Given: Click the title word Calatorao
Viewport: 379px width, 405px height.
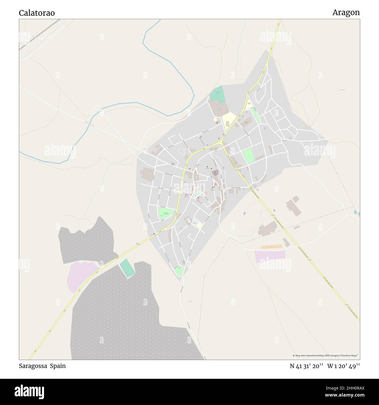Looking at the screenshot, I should pos(37,13).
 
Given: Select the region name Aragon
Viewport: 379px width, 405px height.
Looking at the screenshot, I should pos(346,13).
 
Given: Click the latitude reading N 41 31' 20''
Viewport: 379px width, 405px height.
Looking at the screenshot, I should pos(306,366).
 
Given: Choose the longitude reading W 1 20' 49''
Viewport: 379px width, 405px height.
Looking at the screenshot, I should pos(343,366).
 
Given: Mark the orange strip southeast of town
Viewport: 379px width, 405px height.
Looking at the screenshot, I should pos(271,246).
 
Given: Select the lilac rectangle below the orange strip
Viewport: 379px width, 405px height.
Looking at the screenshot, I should pos(270,256).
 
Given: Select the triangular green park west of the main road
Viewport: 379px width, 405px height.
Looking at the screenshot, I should pos(166,213).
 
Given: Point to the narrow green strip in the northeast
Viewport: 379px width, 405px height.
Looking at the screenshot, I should pos(256,116).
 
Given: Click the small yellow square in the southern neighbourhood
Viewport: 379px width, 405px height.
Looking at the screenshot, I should pos(199,225).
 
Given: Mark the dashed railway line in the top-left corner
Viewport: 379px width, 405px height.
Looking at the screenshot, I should pos(39,34).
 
